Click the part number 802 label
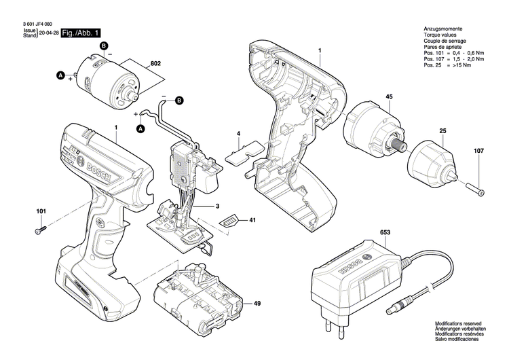point(155,63)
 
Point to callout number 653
point(385,232)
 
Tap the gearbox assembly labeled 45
point(373,130)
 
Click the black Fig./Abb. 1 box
point(81,33)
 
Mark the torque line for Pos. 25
point(449,65)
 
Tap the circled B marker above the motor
point(104,46)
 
